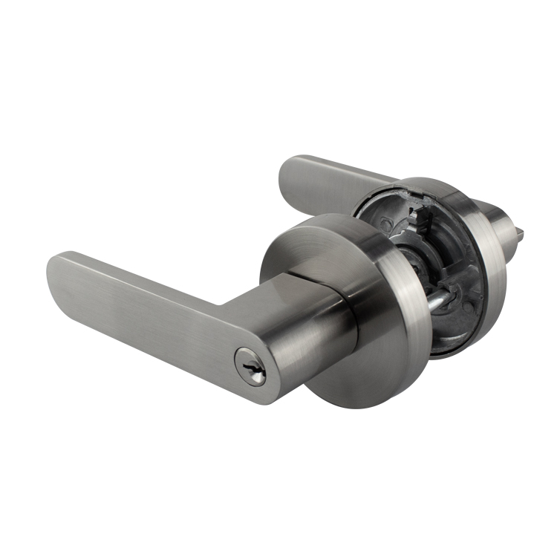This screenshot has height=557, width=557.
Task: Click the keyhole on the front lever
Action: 250,367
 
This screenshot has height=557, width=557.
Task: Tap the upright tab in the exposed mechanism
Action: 427,223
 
